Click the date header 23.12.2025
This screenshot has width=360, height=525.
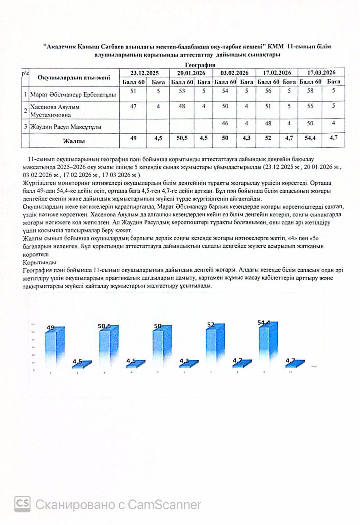tap(144, 73)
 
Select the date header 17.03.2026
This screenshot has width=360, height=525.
tap(321, 73)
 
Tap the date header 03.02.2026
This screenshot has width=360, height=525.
tap(234, 73)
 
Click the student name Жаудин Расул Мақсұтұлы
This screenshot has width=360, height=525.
tap(66, 127)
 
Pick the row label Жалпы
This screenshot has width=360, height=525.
tap(74, 141)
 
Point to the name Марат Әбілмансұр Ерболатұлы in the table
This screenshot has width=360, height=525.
tap(73, 95)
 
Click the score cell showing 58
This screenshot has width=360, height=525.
tap(310, 91)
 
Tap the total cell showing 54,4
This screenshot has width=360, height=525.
tap(310, 138)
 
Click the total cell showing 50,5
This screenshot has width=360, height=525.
tap(182, 138)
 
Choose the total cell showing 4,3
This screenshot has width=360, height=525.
tap(246, 138)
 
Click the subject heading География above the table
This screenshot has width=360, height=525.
tap(200, 65)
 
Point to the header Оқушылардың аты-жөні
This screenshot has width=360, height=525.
tap(74, 78)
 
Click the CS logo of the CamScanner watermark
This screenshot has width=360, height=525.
tap(22, 504)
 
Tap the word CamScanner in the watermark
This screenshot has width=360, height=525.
tap(164, 504)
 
